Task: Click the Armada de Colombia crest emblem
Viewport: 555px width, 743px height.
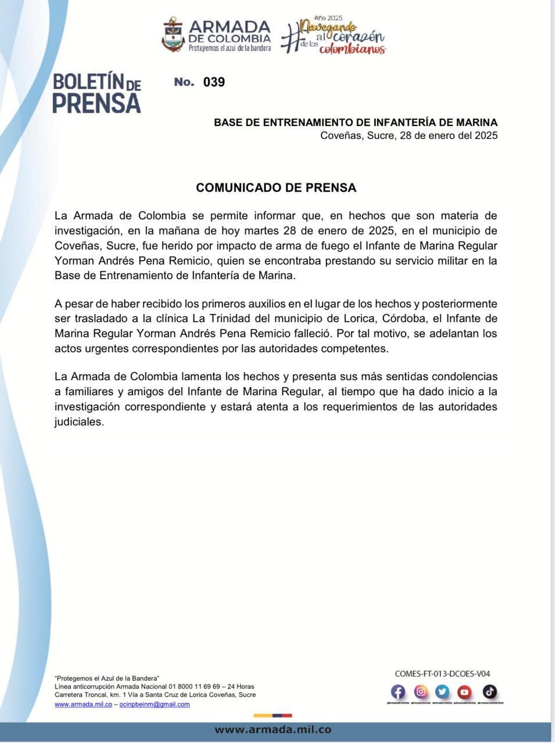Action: coord(173,35)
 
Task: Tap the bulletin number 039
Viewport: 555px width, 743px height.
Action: coord(214,82)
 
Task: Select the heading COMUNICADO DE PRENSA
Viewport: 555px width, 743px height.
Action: coord(276,188)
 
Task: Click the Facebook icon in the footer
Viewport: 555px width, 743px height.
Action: coord(398,691)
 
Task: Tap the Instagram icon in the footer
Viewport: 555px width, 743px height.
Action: coord(421,691)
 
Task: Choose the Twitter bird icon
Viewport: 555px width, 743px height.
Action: coord(442,691)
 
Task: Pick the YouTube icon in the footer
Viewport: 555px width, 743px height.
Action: coord(464,691)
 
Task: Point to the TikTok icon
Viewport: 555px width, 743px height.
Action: coord(489,691)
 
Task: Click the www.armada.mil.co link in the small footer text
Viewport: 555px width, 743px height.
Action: coord(83,704)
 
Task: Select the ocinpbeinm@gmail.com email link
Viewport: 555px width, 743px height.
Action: coord(155,704)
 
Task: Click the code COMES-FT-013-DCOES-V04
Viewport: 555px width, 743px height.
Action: coord(442,674)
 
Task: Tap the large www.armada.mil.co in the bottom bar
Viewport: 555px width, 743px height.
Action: coord(273,730)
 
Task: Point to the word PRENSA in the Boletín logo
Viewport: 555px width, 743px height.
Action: coord(96,103)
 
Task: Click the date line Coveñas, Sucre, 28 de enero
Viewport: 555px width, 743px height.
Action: coord(409,136)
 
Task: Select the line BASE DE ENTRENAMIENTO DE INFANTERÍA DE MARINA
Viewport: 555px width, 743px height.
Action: coord(356,122)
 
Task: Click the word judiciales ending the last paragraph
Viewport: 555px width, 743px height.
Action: coord(79,422)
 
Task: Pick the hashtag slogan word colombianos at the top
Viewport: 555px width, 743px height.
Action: coord(352,50)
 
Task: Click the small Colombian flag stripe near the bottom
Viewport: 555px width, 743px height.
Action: coord(273,716)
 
